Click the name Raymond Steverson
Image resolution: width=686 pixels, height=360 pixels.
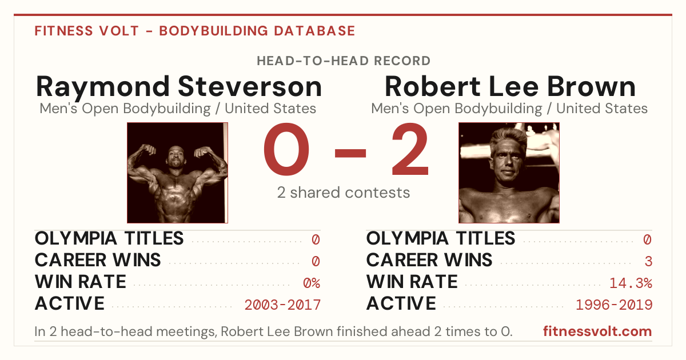pyautogui.click(x=179, y=87)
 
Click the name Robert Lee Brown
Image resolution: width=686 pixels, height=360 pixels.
pyautogui.click(x=510, y=87)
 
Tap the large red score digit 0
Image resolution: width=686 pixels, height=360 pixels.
pyautogui.click(x=286, y=149)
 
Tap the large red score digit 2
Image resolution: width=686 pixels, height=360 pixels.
pyautogui.click(x=410, y=149)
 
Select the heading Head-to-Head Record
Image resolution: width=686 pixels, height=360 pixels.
pyautogui.click(x=344, y=61)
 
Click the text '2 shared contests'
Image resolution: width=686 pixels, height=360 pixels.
pyautogui.click(x=344, y=193)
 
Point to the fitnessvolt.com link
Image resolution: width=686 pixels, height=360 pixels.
pyautogui.click(x=597, y=331)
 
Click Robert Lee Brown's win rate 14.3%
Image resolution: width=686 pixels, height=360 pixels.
pyautogui.click(x=631, y=283)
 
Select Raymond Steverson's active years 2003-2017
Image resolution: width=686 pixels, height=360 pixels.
pyautogui.click(x=282, y=305)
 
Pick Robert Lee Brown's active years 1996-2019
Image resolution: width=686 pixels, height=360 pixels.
pyautogui.click(x=614, y=305)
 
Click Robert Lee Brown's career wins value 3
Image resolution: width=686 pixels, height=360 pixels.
pyautogui.click(x=648, y=261)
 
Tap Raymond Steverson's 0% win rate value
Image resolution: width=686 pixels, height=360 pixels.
pyautogui.click(x=312, y=283)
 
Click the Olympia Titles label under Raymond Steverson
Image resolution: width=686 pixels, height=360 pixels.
pyautogui.click(x=109, y=238)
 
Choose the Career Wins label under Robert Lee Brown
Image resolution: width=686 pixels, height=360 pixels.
pyautogui.click(x=429, y=260)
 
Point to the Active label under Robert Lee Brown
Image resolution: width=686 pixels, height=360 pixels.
pyautogui.click(x=401, y=303)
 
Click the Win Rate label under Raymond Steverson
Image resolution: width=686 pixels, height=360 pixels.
pyautogui.click(x=80, y=282)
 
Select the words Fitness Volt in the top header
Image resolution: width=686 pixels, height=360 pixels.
pyautogui.click(x=87, y=31)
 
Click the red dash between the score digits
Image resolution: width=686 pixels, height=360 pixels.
pyautogui.click(x=350, y=153)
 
